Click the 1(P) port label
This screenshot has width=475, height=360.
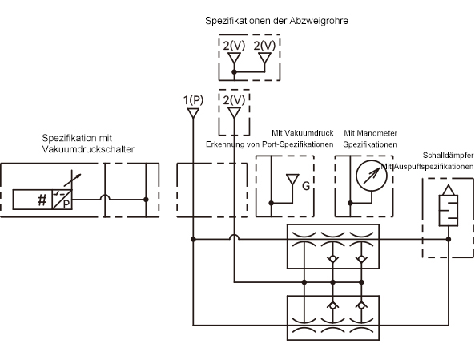pyautogui.click(x=193, y=100)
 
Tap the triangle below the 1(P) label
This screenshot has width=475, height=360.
pyautogui.click(x=193, y=113)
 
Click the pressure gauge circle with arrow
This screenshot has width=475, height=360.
pyautogui.click(x=372, y=176)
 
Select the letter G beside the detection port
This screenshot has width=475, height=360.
pyautogui.click(x=306, y=185)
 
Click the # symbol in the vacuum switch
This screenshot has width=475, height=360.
pyautogui.click(x=42, y=200)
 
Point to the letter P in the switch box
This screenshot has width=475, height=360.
pyautogui.click(x=66, y=204)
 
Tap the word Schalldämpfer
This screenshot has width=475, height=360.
pyautogui.click(x=448, y=156)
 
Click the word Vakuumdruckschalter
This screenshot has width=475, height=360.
pyautogui.click(x=88, y=149)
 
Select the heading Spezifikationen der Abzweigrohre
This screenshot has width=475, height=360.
pyautogui.click(x=276, y=21)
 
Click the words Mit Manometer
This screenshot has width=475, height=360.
pyautogui.click(x=371, y=133)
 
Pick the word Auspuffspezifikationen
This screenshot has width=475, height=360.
pyautogui.click(x=434, y=167)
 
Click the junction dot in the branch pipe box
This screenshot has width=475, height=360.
pyautogui.click(x=234, y=72)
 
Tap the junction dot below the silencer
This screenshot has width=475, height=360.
pyautogui.click(x=449, y=239)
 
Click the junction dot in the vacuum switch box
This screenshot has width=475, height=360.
pyautogui.click(x=146, y=200)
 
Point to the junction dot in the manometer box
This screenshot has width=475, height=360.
pyautogui.click(x=350, y=203)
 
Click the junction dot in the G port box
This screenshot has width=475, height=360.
pyautogui.click(x=271, y=203)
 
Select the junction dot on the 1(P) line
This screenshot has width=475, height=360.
pyautogui.click(x=193, y=239)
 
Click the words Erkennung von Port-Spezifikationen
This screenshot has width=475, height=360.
pyautogui.click(x=270, y=144)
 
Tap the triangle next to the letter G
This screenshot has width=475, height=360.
pyautogui.click(x=292, y=179)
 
